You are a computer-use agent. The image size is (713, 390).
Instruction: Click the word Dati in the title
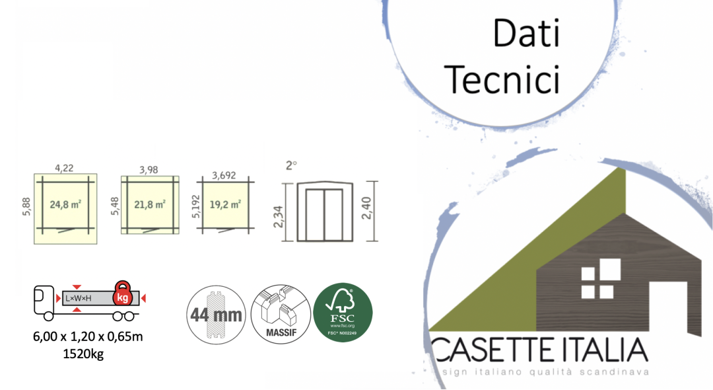pos(526,32)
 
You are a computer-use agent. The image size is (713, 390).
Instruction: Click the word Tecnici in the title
pos(503,80)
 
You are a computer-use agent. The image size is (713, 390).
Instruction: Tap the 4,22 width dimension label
pos(64,168)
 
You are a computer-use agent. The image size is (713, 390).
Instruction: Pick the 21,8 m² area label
pos(151,204)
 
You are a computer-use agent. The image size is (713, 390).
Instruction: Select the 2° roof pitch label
pos(292,166)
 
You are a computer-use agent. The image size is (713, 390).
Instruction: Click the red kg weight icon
pos(122,295)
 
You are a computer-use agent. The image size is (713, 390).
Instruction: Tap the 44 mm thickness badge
pos(216,314)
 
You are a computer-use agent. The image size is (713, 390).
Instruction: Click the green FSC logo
pos(343,312)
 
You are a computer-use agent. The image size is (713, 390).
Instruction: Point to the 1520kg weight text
pos(83,354)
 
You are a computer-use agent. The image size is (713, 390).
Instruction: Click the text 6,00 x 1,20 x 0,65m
pos(88,337)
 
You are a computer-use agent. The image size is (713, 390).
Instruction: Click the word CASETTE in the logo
pos(492,350)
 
